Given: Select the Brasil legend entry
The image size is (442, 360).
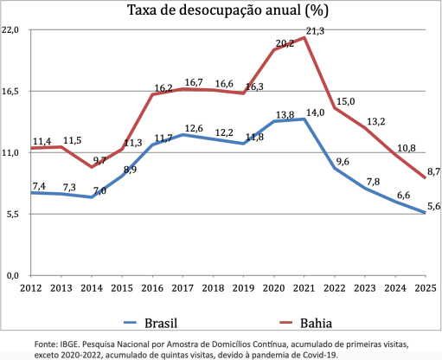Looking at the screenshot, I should (158, 323).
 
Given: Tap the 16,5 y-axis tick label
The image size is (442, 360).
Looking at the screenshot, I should (11, 91).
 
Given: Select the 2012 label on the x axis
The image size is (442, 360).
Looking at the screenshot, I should (30, 287).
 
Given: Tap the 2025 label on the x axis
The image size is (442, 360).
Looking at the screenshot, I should (425, 287).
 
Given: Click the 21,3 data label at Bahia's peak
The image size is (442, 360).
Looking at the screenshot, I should (315, 30).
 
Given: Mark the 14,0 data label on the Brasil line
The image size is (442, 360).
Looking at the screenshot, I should (315, 112).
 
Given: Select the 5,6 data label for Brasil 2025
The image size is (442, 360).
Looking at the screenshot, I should (433, 205).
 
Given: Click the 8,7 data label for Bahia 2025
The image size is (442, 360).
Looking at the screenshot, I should (433, 171).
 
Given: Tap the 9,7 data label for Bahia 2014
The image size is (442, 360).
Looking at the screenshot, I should (99, 160).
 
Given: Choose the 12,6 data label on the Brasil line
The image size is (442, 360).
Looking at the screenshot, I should (194, 128).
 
